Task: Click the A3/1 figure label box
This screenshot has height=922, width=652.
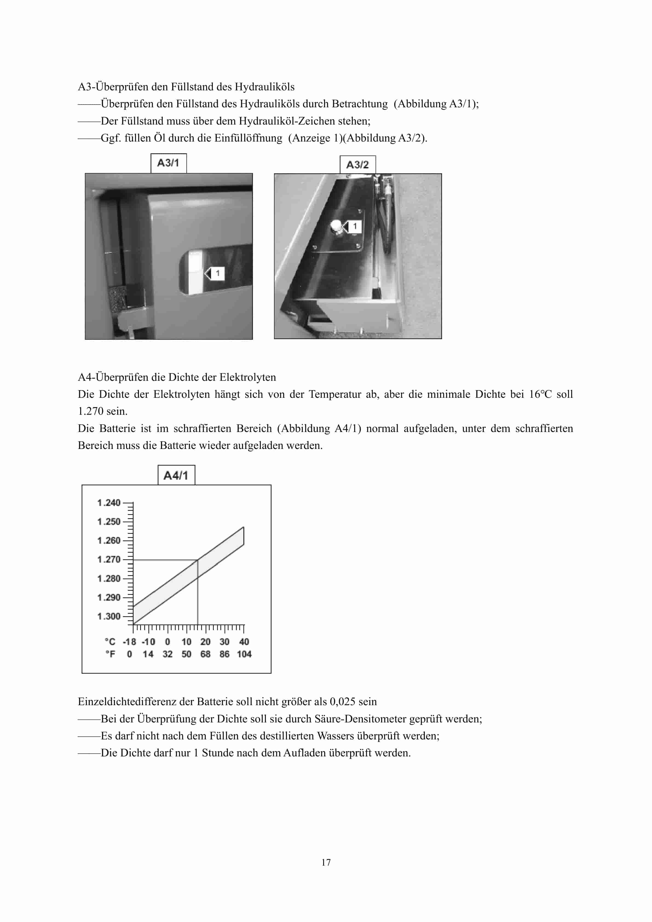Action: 168,163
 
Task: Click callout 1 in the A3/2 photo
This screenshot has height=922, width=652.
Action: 354,226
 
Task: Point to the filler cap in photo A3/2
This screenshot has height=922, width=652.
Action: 336,227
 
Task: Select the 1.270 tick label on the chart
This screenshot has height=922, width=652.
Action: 109,559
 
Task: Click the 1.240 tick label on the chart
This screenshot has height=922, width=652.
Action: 109,503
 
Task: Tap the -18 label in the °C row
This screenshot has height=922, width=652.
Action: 129,642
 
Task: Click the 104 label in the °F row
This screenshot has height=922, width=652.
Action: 244,654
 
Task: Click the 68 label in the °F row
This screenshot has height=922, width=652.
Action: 205,654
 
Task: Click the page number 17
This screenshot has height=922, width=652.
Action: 326,862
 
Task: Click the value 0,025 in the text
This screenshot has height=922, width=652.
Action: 342,702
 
